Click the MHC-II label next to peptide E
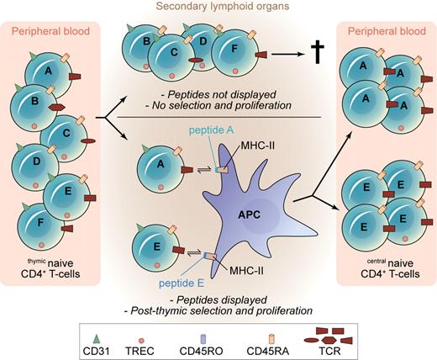coord(246,269)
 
